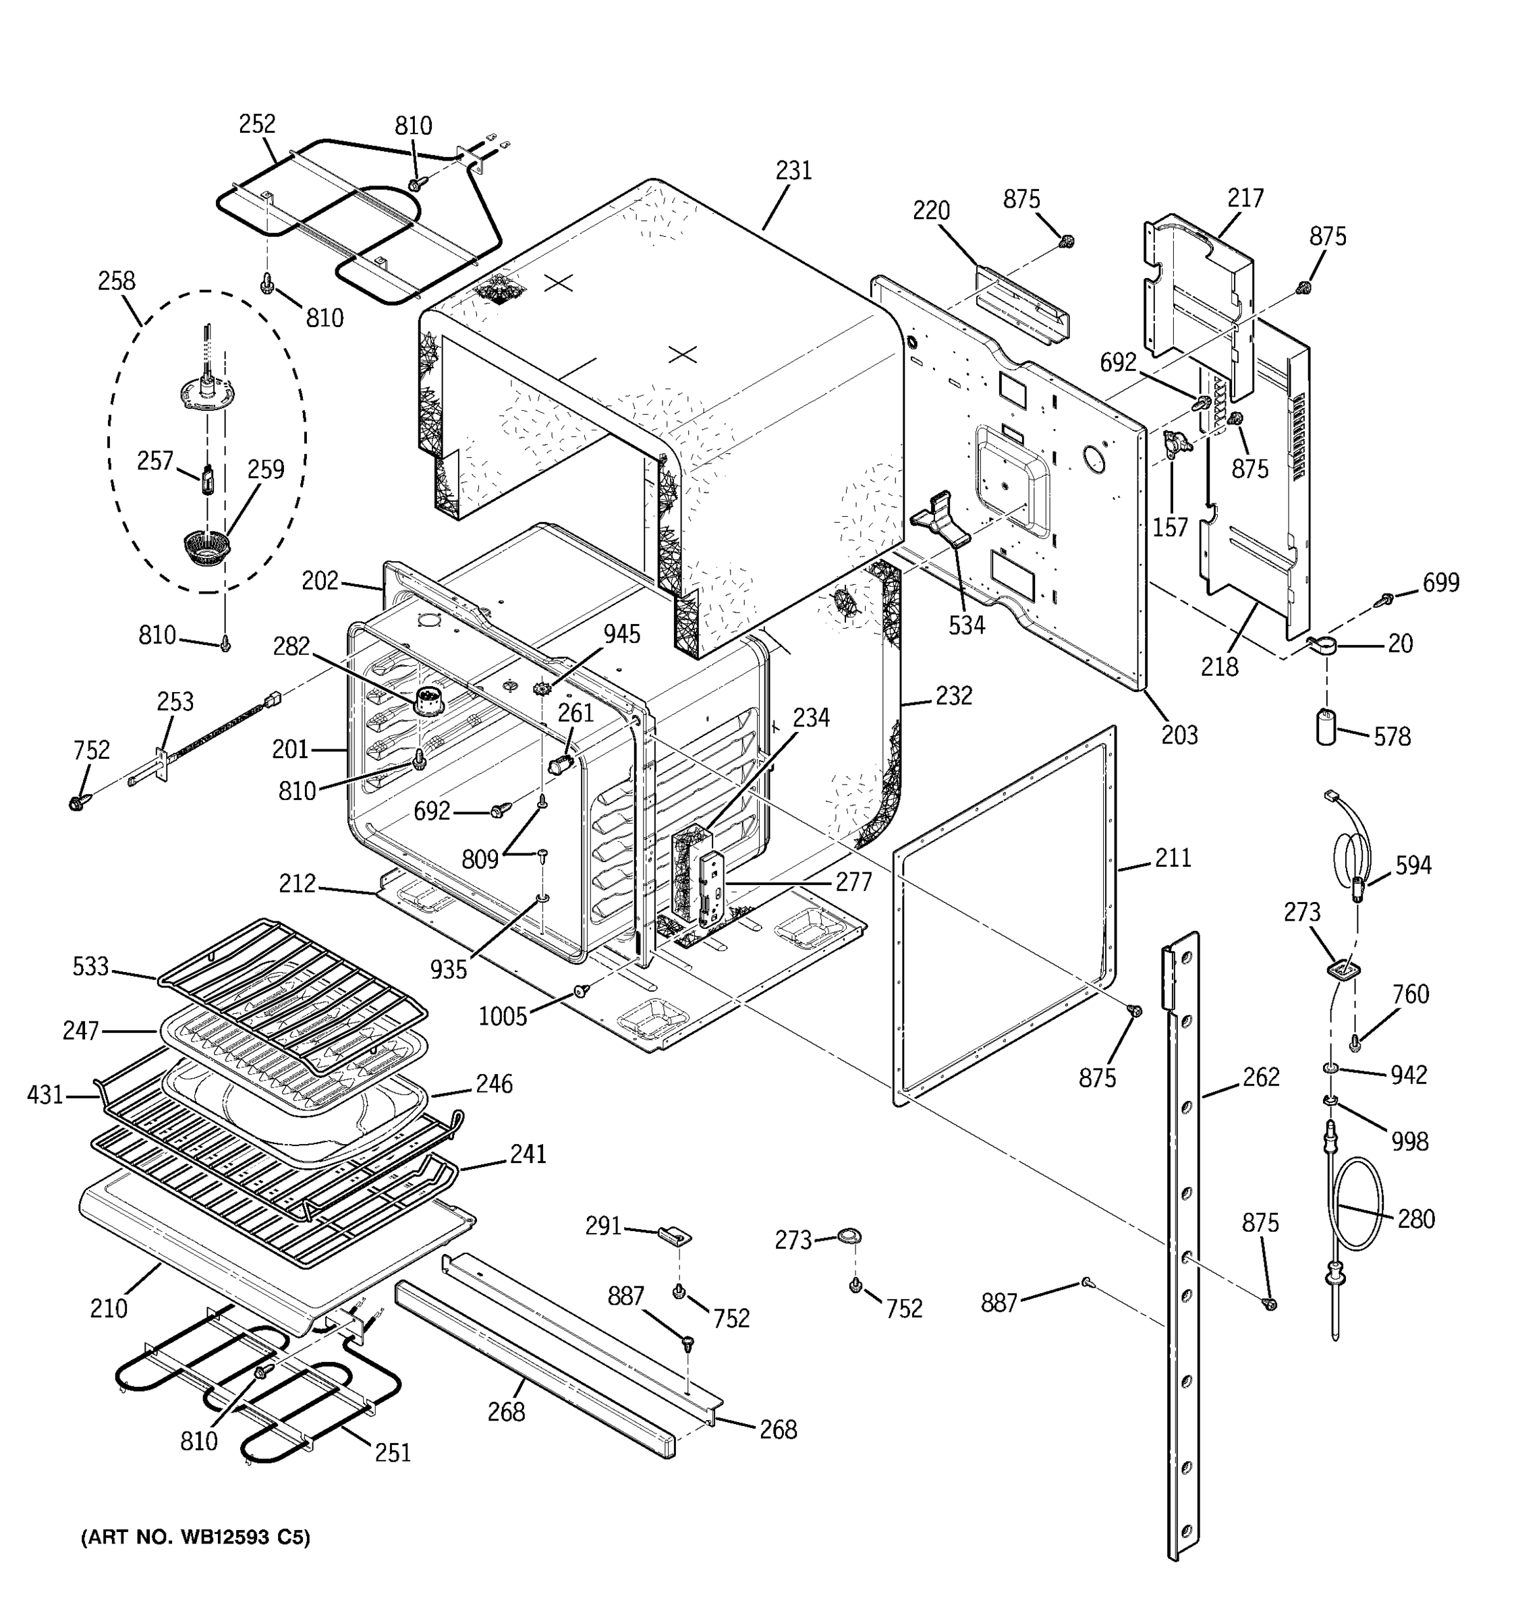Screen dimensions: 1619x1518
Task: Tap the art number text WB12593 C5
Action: (x=196, y=1537)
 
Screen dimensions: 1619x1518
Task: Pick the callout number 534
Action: (x=966, y=625)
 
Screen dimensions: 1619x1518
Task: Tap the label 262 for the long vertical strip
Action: (x=1261, y=1077)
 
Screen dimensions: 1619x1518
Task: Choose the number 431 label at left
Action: (x=45, y=1095)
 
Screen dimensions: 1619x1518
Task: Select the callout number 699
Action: (x=1440, y=582)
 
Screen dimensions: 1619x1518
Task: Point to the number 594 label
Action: (x=1413, y=865)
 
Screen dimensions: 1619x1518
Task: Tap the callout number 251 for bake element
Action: (x=393, y=1452)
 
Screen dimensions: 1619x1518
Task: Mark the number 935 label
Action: (x=449, y=969)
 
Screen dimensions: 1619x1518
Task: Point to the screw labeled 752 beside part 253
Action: (x=79, y=802)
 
